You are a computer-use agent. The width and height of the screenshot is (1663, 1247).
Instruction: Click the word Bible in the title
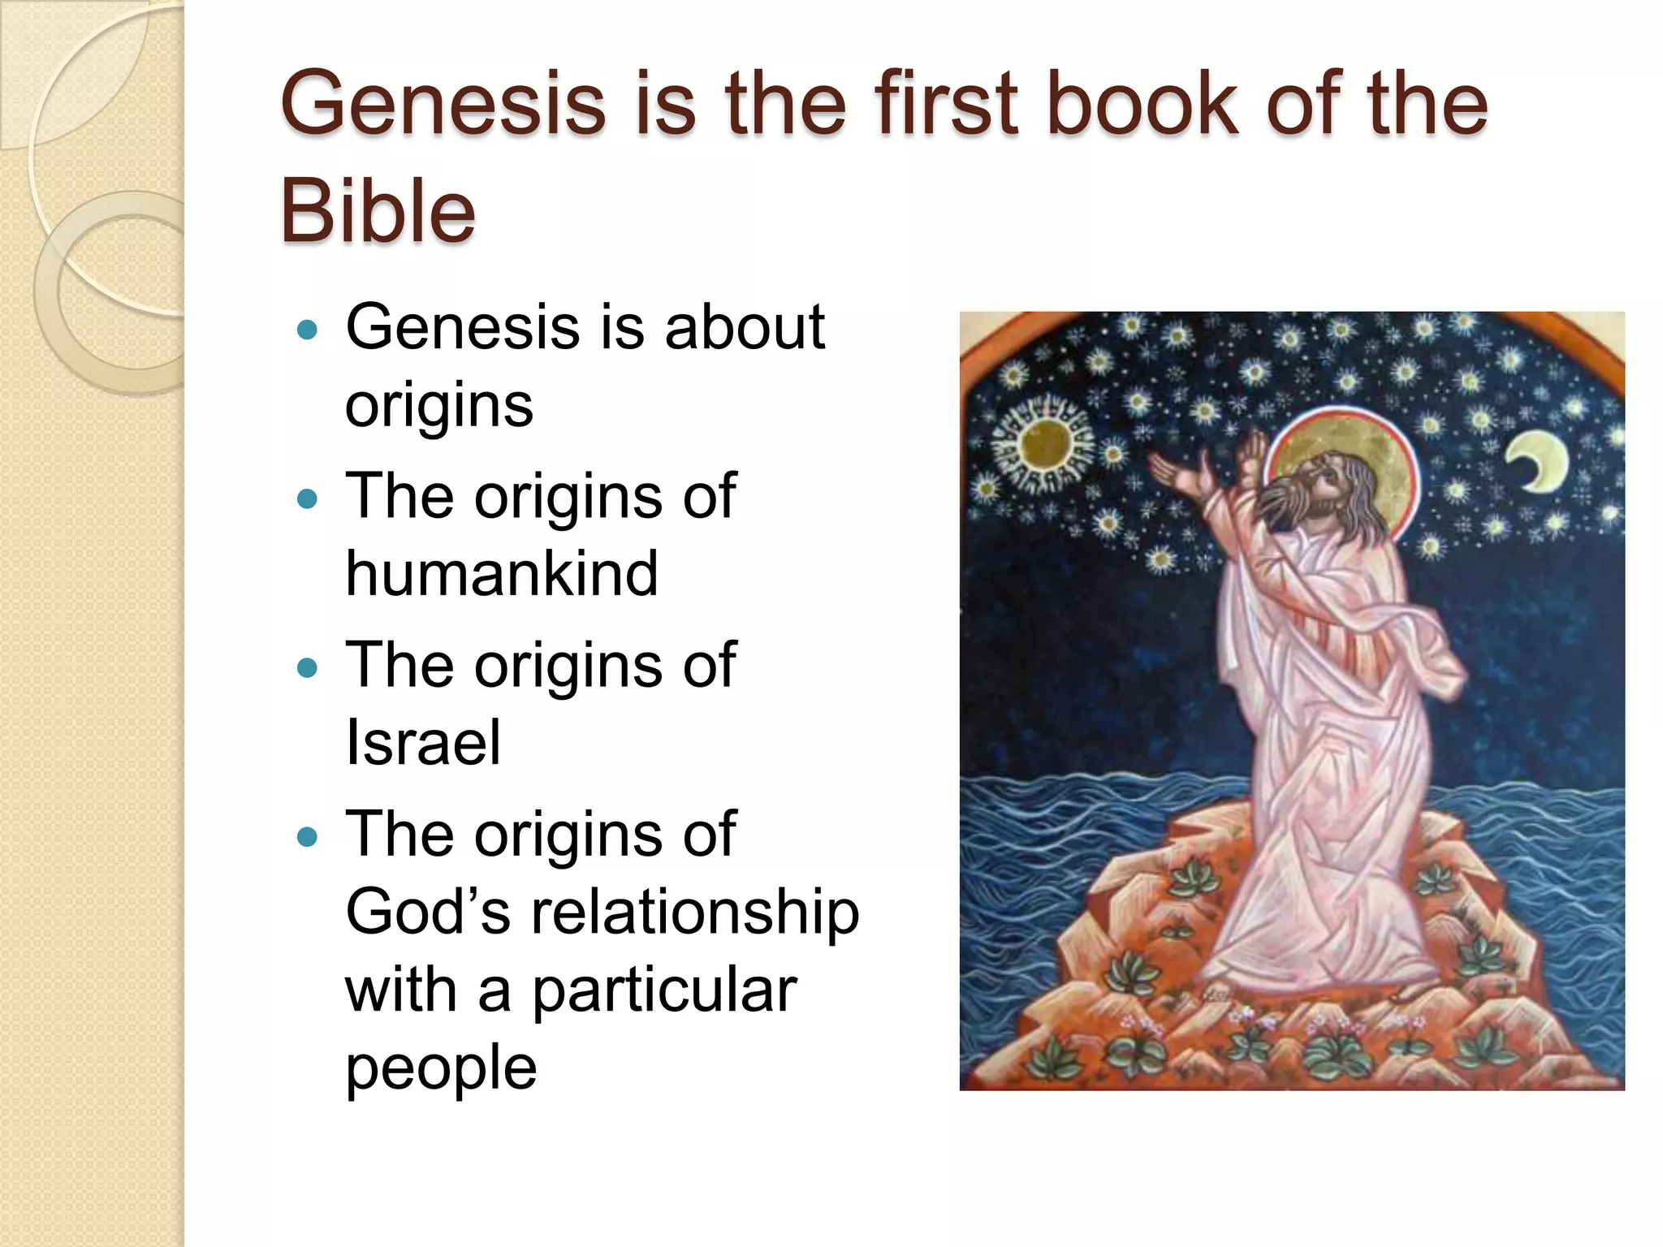point(378,210)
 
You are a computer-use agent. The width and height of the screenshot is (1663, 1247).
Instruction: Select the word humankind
point(501,573)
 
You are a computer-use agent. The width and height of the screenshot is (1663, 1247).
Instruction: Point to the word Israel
point(422,742)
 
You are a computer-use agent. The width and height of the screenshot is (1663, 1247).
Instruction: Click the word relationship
point(695,911)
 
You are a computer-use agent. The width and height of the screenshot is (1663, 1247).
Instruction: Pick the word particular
point(663,990)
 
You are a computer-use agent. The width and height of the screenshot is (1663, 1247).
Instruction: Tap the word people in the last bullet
point(441,1069)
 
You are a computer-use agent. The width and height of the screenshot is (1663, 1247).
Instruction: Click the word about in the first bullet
point(744,327)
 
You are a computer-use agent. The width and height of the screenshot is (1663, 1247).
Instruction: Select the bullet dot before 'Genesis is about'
point(307,330)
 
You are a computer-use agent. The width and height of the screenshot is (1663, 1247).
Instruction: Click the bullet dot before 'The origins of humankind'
point(307,498)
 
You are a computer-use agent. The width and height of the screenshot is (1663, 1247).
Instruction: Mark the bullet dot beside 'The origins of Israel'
point(307,667)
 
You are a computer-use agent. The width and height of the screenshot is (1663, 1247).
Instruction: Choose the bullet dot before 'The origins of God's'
point(307,836)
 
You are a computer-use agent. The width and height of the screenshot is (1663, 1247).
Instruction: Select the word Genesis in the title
point(443,104)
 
